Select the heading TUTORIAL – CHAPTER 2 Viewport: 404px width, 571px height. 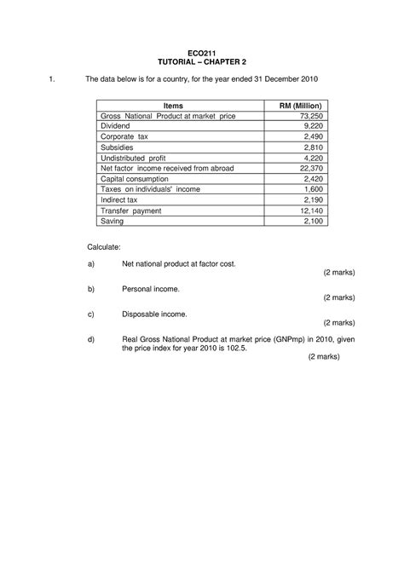[x=201, y=64]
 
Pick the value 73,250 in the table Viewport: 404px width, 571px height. [x=302, y=115]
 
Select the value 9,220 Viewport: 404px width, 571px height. [x=304, y=125]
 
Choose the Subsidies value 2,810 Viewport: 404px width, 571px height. [x=304, y=147]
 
